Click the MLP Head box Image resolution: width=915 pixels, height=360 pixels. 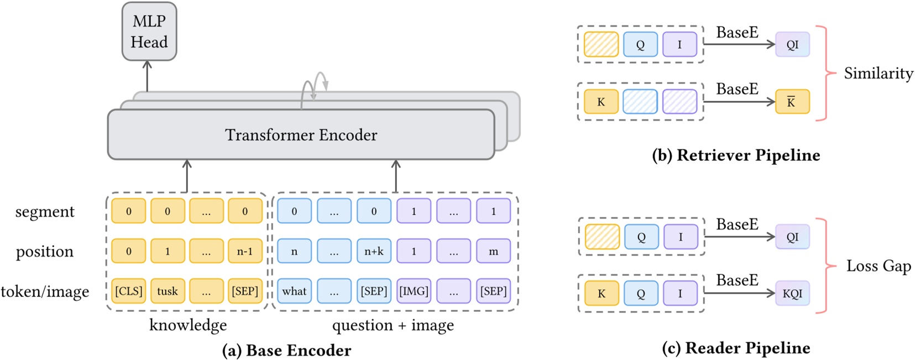tap(149, 32)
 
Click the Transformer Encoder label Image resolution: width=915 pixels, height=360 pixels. tap(301, 135)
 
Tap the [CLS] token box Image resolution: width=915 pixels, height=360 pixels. tap(129, 291)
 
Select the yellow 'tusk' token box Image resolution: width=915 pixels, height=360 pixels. tap(168, 291)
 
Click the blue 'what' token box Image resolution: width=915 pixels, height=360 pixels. tap(294, 291)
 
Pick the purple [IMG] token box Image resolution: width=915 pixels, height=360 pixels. tap(414, 291)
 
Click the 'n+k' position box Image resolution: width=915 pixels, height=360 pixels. tap(374, 251)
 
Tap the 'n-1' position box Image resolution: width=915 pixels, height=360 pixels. tap(245, 251)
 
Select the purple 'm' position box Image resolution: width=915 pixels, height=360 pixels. tap(493, 251)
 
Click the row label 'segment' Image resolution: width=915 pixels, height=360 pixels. tap(45, 212)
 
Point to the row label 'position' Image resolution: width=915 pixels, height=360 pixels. tap(45, 252)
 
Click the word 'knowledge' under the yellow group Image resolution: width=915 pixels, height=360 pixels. tap(188, 325)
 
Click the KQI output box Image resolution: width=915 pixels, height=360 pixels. tap(792, 294)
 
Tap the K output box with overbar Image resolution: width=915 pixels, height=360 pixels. tap(792, 102)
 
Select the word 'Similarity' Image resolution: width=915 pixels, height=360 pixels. tap(878, 73)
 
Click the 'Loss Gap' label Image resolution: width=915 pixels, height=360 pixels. tap(879, 266)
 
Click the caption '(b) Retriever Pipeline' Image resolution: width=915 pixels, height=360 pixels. tap(736, 155)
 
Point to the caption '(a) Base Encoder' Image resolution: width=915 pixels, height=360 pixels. tap(286, 351)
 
